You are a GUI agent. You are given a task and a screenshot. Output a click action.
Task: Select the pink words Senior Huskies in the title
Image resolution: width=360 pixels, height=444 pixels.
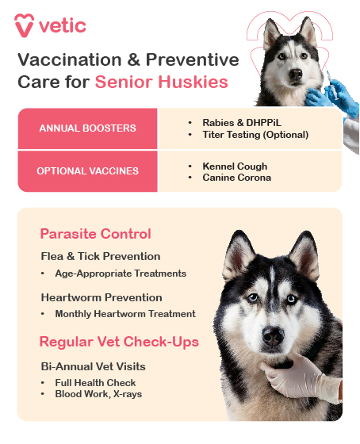click(x=162, y=82)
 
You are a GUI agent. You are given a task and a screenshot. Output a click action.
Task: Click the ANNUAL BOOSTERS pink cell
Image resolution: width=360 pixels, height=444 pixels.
click(x=87, y=128)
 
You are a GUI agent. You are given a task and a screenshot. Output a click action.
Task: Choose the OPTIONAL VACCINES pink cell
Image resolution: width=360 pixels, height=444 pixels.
click(x=87, y=171)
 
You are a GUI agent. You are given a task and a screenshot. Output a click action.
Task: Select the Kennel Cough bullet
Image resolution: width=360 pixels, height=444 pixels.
click(x=235, y=166)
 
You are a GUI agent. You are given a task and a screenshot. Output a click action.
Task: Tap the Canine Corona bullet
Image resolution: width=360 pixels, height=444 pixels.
click(x=236, y=178)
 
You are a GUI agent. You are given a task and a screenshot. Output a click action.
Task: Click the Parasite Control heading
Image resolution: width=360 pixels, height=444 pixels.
click(x=95, y=234)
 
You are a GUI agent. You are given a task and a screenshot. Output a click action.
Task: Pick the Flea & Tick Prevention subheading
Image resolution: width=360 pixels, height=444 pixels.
click(x=101, y=256)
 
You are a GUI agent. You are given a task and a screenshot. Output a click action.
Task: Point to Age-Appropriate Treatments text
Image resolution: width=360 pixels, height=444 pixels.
click(x=121, y=274)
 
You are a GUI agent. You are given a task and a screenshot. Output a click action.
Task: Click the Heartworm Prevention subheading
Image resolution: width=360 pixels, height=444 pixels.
click(x=101, y=297)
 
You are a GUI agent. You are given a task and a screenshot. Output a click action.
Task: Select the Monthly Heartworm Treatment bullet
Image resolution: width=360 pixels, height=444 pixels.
click(x=125, y=314)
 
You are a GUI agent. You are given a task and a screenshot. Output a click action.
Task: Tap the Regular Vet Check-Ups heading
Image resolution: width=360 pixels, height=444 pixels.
click(x=119, y=342)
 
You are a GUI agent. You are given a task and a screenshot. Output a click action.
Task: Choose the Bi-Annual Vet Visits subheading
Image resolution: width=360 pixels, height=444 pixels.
click(x=94, y=366)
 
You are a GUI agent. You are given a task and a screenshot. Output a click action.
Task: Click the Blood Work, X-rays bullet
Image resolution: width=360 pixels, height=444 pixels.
click(x=98, y=394)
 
